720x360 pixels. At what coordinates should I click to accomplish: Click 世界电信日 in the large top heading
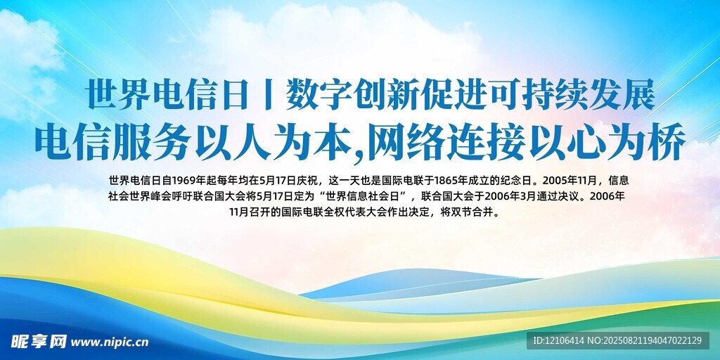click(167, 95)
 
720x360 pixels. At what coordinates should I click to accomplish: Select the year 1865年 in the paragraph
click(453, 179)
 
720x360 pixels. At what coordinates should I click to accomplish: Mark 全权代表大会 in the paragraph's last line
click(354, 213)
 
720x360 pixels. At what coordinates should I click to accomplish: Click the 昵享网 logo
click(39, 341)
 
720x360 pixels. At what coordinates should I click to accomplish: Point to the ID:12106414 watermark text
click(558, 341)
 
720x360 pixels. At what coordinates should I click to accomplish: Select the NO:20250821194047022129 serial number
click(645, 341)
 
